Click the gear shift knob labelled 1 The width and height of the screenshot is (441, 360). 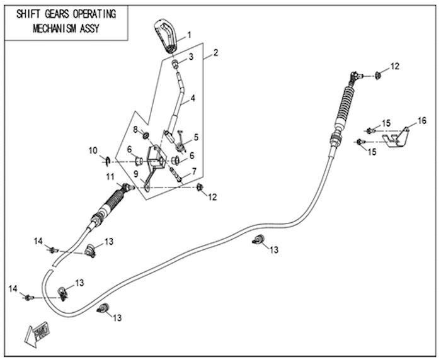[x=165, y=36]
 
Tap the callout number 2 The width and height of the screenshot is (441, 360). [x=215, y=53]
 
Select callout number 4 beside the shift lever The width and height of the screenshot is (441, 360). [x=193, y=98]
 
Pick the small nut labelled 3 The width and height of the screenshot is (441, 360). [x=176, y=64]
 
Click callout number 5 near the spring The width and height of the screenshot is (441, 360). [x=196, y=137]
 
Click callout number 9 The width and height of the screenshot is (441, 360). [x=136, y=174]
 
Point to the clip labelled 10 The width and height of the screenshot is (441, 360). [x=108, y=160]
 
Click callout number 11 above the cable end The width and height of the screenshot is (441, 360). [x=110, y=177]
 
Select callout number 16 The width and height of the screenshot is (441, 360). [x=422, y=121]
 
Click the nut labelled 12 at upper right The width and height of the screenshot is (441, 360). [x=378, y=76]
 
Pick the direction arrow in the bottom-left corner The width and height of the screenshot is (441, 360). [x=37, y=334]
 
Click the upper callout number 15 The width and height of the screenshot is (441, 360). [x=386, y=123]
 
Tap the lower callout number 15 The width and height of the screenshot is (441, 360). [x=372, y=152]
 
